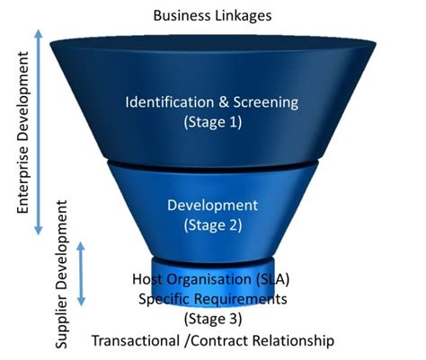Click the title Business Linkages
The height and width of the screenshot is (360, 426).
point(212,14)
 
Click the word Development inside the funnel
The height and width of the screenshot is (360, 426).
point(212,205)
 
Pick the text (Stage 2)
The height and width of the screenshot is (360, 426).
point(212,225)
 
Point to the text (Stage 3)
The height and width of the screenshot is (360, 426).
point(213,319)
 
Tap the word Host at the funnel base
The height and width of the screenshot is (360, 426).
point(148,278)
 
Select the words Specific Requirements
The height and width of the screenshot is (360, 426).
point(213,298)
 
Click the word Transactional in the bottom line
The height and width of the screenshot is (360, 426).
point(135,341)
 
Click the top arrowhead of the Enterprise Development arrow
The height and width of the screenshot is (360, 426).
point(39,31)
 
